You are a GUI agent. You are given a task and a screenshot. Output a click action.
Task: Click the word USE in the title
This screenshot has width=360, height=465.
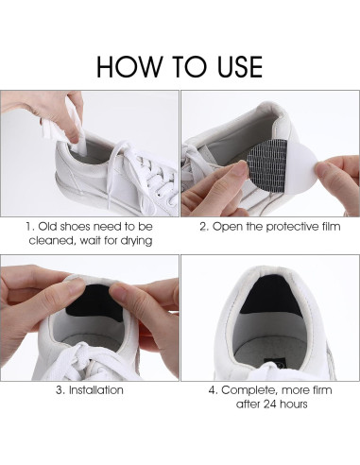click(x=240, y=66)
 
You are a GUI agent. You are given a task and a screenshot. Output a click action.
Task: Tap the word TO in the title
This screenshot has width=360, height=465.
click(x=192, y=66)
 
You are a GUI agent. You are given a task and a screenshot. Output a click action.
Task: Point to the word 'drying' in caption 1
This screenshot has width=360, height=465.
click(x=136, y=241)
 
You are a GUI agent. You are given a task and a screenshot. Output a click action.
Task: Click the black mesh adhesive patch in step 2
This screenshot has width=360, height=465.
click(x=266, y=164)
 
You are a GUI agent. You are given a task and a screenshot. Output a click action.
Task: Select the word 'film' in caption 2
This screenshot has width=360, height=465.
click(x=331, y=227)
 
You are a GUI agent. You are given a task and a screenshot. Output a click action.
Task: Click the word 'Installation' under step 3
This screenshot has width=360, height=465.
click(x=96, y=390)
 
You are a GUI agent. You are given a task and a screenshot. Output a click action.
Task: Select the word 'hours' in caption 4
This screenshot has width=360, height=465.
click(x=293, y=405)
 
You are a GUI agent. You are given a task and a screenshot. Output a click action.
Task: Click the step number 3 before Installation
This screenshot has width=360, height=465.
click(x=60, y=390)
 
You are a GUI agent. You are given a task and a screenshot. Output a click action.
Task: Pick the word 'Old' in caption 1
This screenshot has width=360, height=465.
click(x=48, y=227)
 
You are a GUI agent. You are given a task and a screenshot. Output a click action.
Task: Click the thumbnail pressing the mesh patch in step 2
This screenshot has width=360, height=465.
click(x=241, y=167)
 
